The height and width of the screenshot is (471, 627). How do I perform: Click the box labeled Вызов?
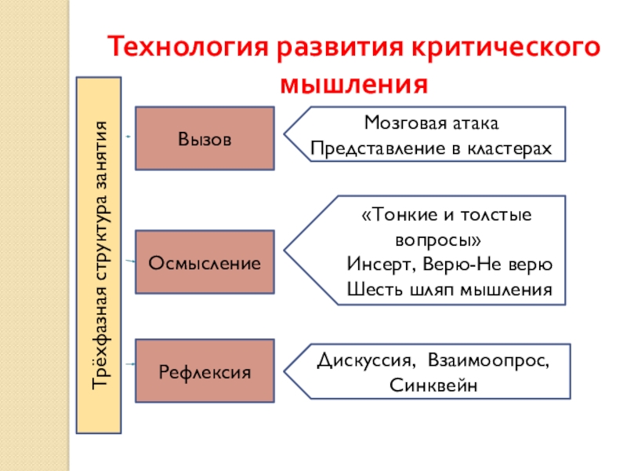(205, 139)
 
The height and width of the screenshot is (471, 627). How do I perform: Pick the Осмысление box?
(205, 262)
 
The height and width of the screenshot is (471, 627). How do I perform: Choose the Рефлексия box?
(205, 371)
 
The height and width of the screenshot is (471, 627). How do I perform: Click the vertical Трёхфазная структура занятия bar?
(99, 255)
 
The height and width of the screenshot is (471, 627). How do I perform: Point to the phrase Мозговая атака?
(431, 124)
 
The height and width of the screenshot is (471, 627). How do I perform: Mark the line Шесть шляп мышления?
(449, 290)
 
